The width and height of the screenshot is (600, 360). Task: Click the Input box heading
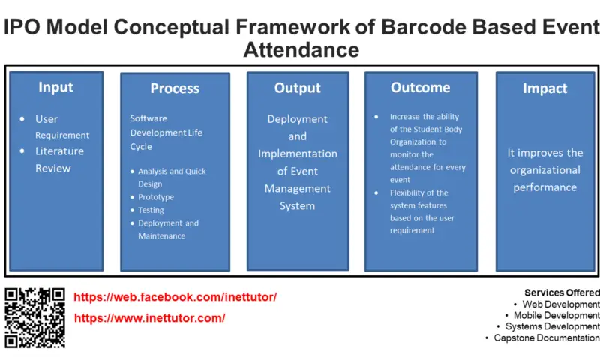(55, 87)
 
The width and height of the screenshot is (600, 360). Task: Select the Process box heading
(175, 88)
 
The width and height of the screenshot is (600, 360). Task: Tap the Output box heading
(298, 88)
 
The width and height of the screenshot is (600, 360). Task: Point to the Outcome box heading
(420, 88)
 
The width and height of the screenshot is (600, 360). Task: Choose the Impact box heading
(544, 88)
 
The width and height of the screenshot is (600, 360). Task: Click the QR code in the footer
(35, 317)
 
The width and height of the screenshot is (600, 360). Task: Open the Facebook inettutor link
(175, 297)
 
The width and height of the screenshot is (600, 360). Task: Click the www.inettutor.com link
(149, 318)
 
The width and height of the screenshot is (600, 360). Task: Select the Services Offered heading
(562, 292)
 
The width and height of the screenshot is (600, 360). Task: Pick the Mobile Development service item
(556, 316)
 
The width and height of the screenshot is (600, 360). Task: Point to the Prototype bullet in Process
(155, 197)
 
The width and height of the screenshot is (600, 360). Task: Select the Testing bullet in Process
(151, 210)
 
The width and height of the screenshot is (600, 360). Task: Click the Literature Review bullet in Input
(59, 159)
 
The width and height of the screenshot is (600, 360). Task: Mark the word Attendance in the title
(301, 49)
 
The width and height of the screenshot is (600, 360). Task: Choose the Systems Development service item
(552, 327)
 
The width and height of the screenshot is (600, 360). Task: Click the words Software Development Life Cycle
(166, 132)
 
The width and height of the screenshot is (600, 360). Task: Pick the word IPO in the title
(25, 28)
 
